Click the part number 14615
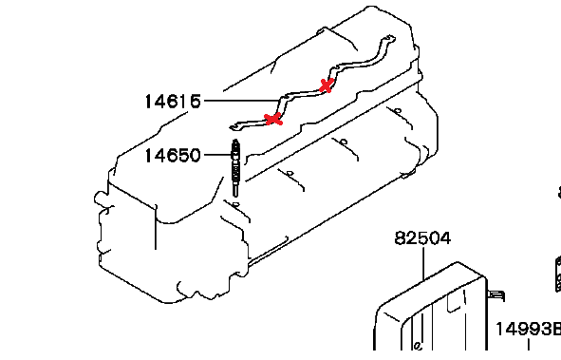[173, 102]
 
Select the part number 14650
[173, 156]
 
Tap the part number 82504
[422, 238]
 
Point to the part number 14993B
[528, 329]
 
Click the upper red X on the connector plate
[327, 85]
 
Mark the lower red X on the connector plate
[273, 119]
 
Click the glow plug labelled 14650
[235, 167]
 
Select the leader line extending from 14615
[241, 101]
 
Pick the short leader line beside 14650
[217, 155]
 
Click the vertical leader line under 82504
[423, 263]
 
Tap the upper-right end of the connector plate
[391, 38]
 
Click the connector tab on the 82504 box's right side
[496, 296]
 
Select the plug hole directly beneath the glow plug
[235, 204]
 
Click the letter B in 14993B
[556, 329]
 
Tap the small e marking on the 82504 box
[418, 346]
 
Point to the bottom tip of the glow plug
[235, 196]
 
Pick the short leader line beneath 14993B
[529, 345]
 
